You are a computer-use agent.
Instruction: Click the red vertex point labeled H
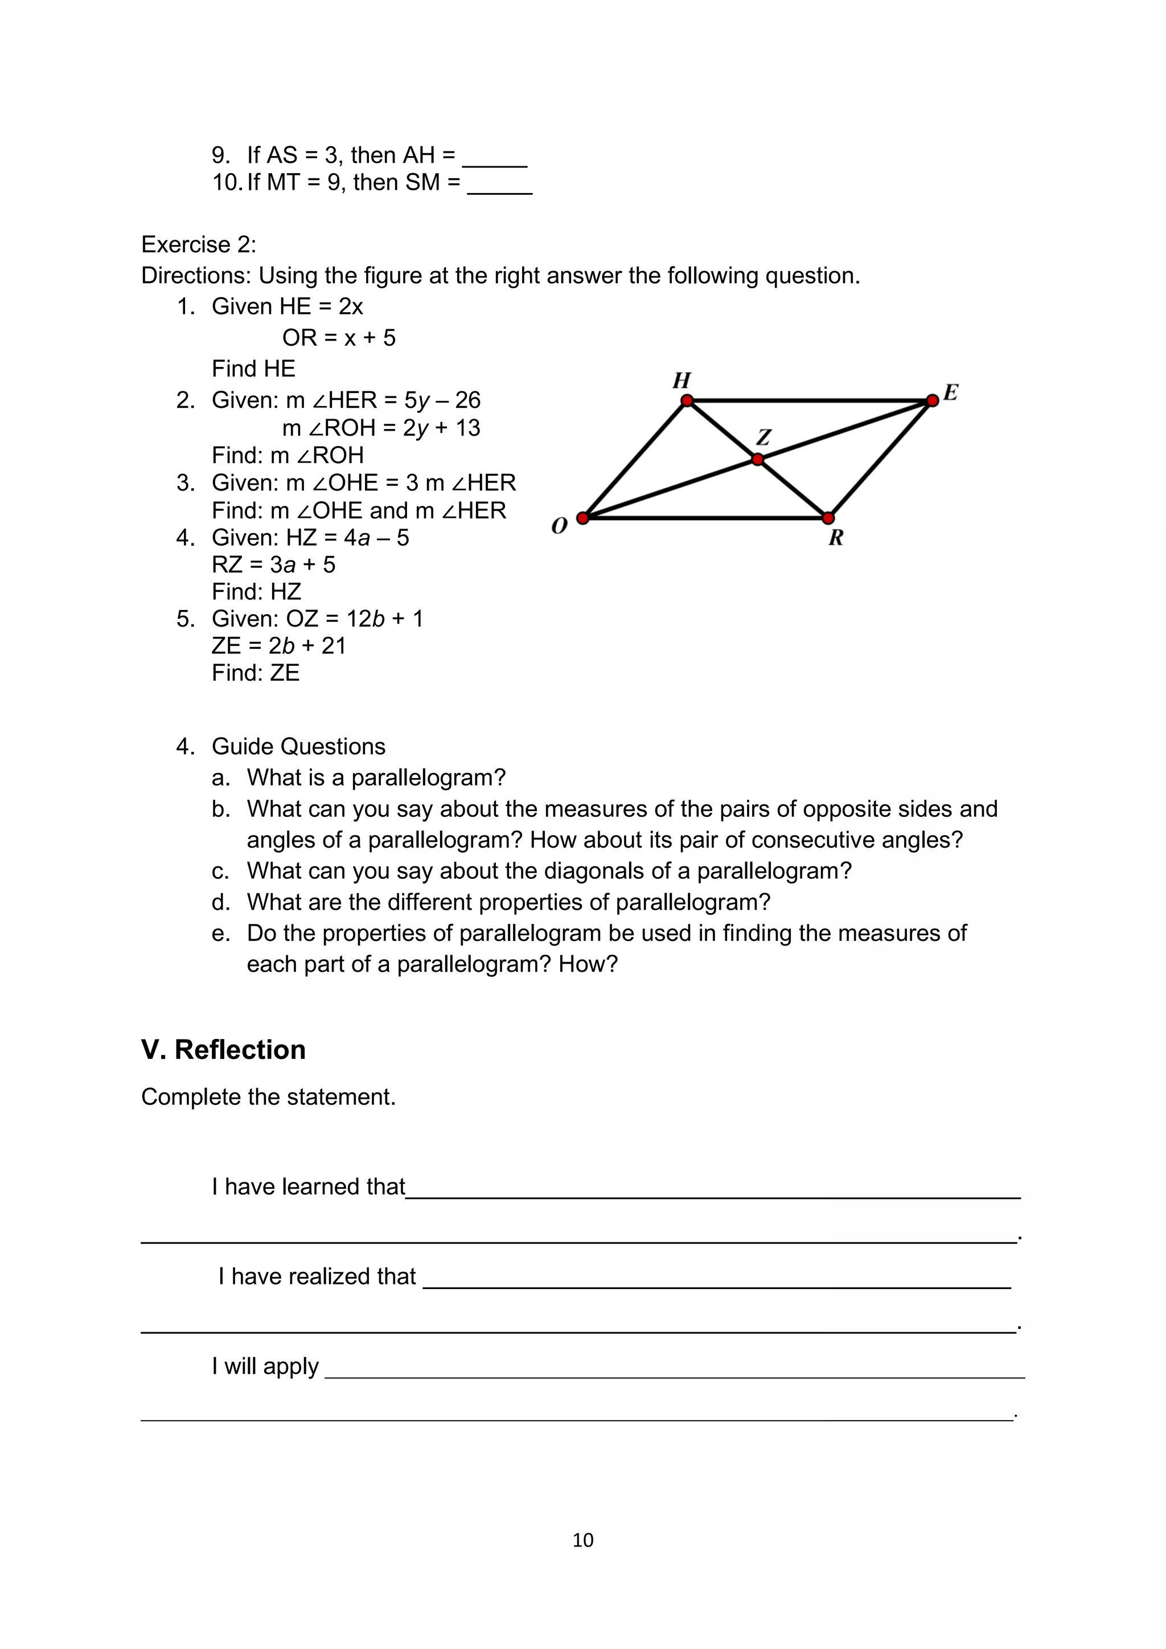coord(687,400)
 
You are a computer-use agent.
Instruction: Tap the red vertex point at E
coord(932,400)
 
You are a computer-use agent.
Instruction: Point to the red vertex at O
coord(583,518)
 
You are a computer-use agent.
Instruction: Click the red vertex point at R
coord(828,518)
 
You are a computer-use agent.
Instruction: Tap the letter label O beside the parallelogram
coord(559,526)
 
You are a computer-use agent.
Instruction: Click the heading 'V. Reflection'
coord(223,1049)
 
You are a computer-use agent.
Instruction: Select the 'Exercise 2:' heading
coord(198,244)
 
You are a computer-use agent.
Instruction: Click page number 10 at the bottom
coord(582,1540)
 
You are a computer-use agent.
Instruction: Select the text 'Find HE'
coord(253,369)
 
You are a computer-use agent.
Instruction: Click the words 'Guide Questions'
coord(299,746)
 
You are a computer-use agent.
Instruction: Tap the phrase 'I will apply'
coord(265,1365)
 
